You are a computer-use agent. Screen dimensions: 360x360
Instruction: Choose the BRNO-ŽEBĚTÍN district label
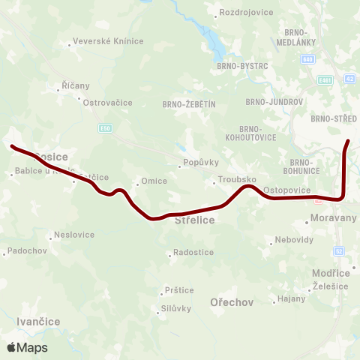[189, 105]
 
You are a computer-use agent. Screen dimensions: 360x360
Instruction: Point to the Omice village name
[154, 181]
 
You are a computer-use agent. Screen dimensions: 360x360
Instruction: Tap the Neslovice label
[74, 235]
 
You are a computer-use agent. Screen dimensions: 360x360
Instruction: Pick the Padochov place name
[25, 250]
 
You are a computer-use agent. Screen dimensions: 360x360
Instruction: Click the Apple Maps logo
[27, 348]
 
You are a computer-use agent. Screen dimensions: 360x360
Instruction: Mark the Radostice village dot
[169, 253]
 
